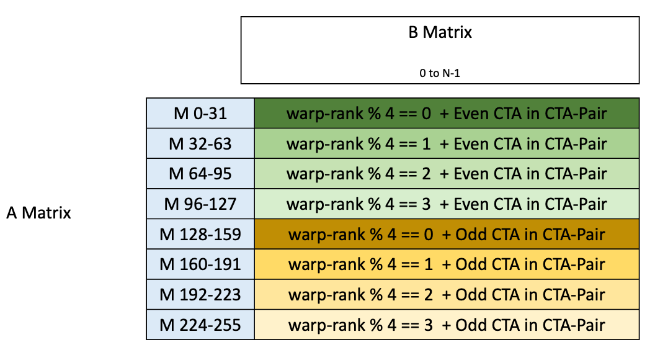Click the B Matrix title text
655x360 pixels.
440,32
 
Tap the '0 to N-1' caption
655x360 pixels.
440,73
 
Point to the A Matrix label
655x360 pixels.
38,213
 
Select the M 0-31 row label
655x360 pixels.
200,113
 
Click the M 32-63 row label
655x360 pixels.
200,143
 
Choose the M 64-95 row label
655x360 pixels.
200,173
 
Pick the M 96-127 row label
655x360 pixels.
200,204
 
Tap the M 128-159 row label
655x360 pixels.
200,234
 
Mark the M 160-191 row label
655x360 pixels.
200,264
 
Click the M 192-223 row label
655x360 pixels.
200,294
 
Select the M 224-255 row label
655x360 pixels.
200,325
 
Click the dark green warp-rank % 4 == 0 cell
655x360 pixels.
447,113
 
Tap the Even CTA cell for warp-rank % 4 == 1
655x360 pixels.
447,143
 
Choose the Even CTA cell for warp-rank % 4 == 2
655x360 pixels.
447,173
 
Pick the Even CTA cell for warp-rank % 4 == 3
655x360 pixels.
447,204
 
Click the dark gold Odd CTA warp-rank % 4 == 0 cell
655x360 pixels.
447,234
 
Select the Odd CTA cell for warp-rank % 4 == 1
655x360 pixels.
447,264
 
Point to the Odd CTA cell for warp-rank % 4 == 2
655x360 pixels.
447,294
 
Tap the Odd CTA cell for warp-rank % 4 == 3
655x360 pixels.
447,325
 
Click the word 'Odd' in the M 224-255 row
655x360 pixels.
469,325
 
